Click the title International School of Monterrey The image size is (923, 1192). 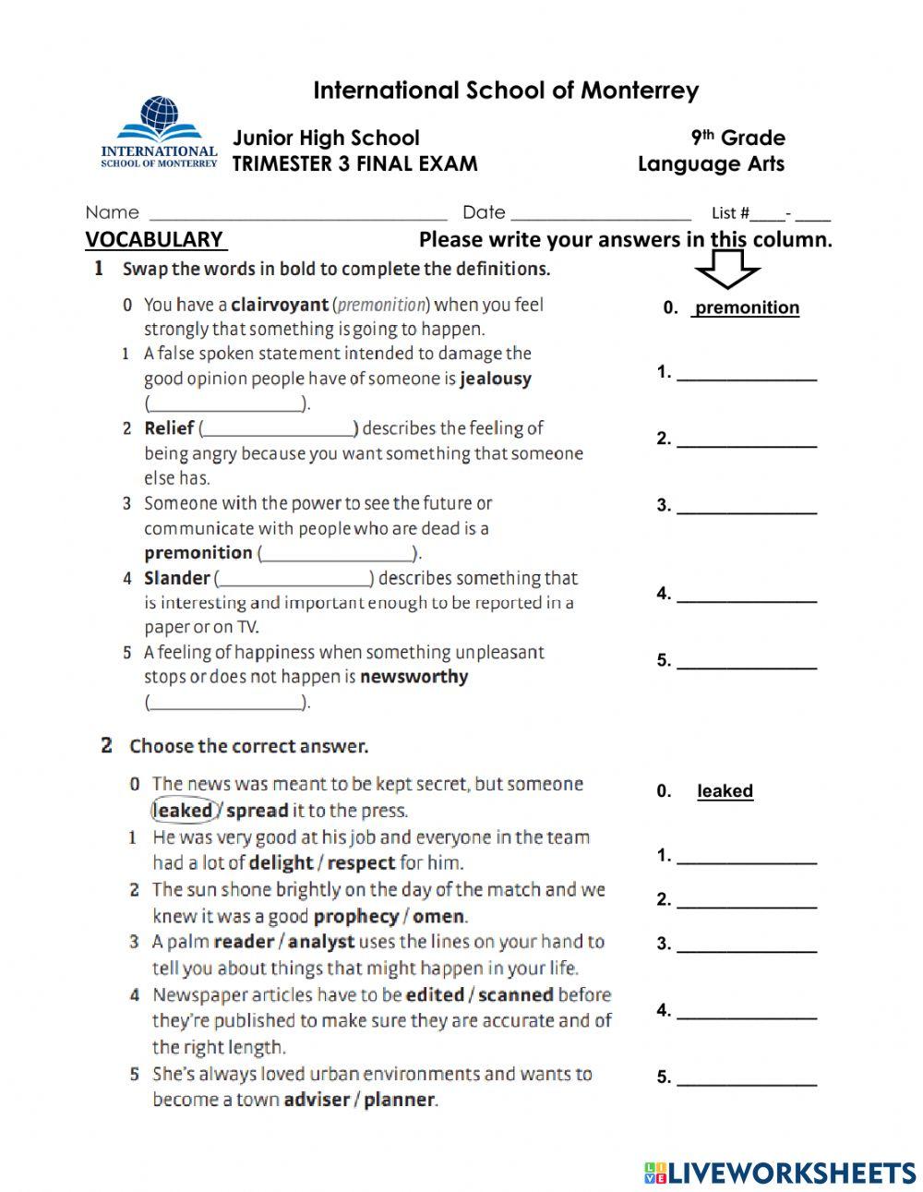[506, 90]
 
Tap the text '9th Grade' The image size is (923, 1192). [737, 138]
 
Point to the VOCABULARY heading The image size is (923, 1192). [155, 240]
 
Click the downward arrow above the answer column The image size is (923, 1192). [727, 271]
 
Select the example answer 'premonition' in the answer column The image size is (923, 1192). [747, 308]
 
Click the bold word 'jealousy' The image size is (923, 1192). [496, 379]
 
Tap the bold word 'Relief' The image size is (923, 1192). [169, 428]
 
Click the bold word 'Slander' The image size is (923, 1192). [177, 579]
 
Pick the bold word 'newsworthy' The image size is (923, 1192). [414, 677]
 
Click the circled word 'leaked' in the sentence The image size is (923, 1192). [183, 811]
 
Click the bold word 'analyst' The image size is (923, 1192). [321, 943]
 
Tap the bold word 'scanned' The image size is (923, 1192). [515, 995]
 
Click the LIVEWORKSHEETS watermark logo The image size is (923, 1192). [779, 1173]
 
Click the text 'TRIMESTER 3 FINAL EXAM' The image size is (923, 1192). [354, 164]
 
